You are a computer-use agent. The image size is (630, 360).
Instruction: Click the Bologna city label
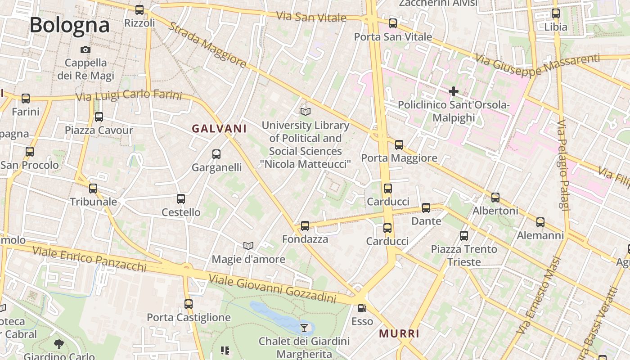(70, 25)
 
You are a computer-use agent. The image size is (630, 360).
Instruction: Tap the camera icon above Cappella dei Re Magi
(85, 49)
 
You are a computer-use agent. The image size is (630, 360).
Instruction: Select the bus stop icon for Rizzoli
(139, 9)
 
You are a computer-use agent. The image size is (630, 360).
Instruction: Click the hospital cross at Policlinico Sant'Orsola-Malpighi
(453, 91)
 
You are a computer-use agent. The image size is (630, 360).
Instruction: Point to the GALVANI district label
(219, 129)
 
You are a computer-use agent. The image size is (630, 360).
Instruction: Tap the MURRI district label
(399, 333)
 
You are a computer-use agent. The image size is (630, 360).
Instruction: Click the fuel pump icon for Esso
(362, 308)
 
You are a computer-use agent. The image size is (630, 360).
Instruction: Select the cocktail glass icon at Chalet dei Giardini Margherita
(304, 328)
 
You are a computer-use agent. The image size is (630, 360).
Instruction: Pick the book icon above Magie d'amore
(248, 246)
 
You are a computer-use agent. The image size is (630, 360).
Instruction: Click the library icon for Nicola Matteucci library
(306, 111)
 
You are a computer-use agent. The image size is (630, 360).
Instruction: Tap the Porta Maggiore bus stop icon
(399, 144)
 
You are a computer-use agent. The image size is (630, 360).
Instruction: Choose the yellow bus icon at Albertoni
(495, 197)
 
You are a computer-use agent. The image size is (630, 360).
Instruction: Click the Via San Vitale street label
(311, 17)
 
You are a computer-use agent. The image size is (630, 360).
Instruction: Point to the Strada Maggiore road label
(208, 45)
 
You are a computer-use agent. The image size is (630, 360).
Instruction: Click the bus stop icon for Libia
(556, 13)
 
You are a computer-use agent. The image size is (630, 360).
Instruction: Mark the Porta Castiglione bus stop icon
(189, 304)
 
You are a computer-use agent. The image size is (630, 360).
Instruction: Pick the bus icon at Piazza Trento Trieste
(464, 235)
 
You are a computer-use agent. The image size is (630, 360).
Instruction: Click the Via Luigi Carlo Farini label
(129, 95)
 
